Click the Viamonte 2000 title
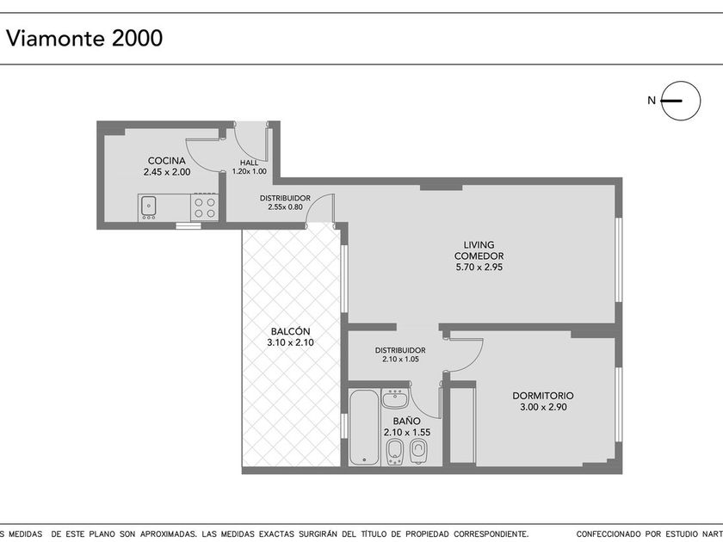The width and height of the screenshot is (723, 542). (84, 38)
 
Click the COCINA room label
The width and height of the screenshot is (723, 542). (166, 161)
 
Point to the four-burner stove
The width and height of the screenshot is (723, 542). (205, 207)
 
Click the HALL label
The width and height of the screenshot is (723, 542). (249, 163)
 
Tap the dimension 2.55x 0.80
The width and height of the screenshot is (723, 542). (285, 207)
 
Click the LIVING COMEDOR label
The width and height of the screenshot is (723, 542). (479, 250)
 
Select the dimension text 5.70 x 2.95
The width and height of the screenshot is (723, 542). (479, 267)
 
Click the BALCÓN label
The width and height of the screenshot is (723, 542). (291, 331)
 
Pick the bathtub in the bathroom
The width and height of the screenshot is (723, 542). (364, 428)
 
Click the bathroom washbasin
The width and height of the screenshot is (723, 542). (395, 398)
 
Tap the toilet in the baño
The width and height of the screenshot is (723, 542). (418, 451)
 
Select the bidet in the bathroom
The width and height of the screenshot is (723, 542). (394, 451)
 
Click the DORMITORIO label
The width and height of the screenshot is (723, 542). (543, 396)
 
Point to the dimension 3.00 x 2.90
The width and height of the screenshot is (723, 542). (543, 407)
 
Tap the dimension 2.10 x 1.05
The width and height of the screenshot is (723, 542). (400, 360)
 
